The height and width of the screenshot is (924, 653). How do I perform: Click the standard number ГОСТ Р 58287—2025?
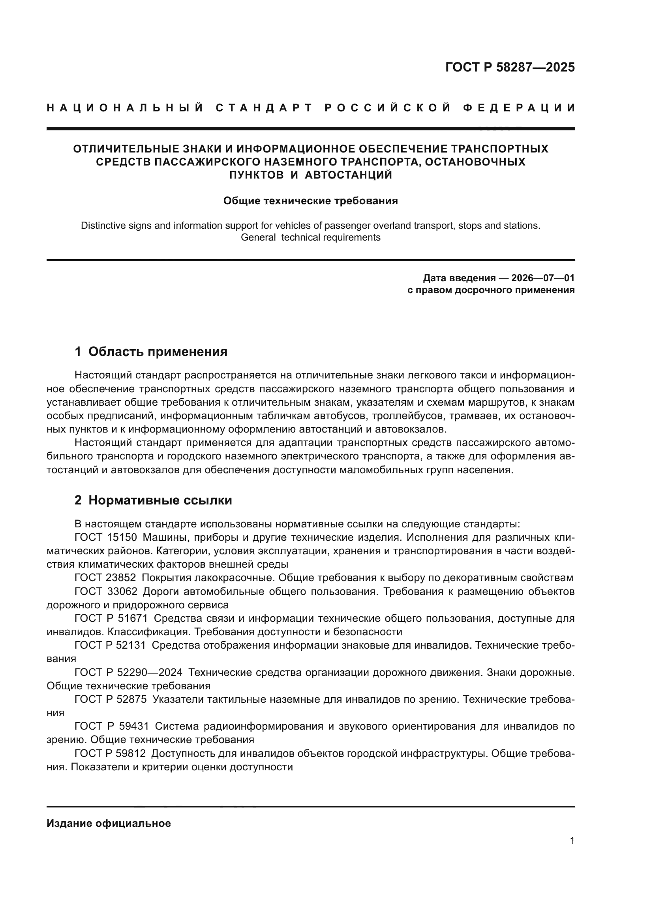[x=510, y=67]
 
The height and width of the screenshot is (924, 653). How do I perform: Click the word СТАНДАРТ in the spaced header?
[x=264, y=108]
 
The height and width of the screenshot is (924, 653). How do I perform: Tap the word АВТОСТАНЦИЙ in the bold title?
[x=348, y=175]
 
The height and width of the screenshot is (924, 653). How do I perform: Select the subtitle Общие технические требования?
[x=310, y=200]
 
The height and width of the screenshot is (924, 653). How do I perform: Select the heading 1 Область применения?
[x=151, y=352]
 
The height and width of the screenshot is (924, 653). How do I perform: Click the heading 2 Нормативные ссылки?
[x=153, y=500]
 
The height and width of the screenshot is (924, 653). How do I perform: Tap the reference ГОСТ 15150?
[x=106, y=538]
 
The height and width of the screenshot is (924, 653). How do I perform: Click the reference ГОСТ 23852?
[x=105, y=578]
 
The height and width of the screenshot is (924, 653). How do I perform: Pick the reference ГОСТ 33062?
[x=106, y=592]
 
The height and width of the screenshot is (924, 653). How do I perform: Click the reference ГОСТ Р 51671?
[x=111, y=619]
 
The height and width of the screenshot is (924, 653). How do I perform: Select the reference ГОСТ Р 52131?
[x=111, y=645]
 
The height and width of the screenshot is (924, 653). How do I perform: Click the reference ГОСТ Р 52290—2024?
[x=128, y=672]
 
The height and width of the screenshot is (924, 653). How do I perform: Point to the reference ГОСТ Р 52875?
[x=111, y=700]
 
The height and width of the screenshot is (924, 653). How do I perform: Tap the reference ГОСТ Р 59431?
[x=111, y=726]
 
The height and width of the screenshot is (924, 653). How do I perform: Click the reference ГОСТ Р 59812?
[x=111, y=753]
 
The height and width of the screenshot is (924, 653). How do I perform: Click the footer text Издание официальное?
[x=109, y=823]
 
